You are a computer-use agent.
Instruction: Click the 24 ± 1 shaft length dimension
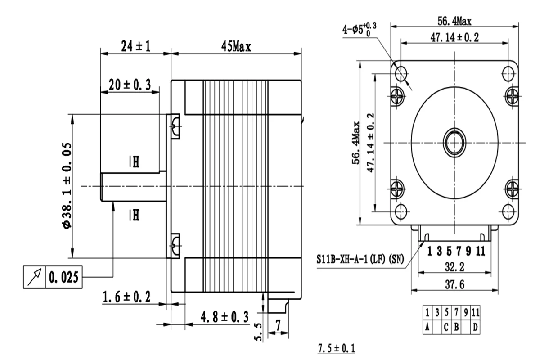[x=136, y=46]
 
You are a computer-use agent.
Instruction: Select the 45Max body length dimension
[x=236, y=46]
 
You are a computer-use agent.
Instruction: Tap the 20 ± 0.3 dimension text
[x=130, y=85]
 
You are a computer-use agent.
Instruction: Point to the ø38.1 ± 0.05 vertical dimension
[x=67, y=186]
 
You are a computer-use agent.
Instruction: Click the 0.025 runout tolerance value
[x=63, y=277]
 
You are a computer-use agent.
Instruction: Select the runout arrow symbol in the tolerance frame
[x=35, y=277]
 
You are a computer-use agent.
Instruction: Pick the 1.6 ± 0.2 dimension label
[x=126, y=297]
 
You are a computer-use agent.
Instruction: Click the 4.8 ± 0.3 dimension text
[x=225, y=317]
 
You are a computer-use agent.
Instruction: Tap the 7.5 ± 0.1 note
[x=336, y=348]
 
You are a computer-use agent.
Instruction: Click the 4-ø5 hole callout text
[x=359, y=29]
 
